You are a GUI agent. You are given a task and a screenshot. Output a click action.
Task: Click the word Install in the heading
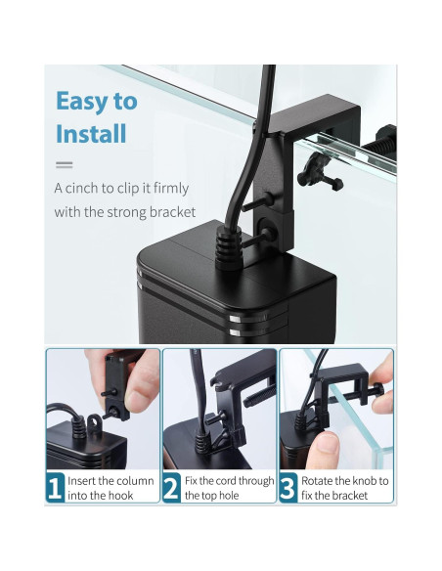click(91, 134)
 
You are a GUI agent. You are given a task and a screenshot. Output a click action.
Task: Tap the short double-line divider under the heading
click(65, 165)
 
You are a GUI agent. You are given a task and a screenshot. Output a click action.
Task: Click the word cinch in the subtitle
click(81, 189)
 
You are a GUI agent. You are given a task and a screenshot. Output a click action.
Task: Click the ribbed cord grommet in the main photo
click(228, 248)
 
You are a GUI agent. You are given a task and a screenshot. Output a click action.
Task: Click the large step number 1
click(55, 488)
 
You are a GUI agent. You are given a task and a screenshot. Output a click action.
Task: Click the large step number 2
click(171, 488)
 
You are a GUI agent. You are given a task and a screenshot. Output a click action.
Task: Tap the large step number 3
click(287, 488)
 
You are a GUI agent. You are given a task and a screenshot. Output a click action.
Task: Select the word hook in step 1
click(122, 496)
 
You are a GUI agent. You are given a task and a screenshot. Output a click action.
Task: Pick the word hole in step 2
click(229, 496)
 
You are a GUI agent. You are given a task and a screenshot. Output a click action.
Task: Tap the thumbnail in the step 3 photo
click(328, 444)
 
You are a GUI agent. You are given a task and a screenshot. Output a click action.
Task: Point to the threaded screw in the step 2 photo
click(259, 396)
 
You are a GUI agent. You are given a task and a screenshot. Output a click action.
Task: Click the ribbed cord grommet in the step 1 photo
click(78, 427)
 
